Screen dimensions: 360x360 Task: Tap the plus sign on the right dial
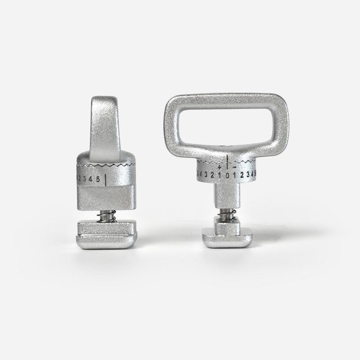click(219, 167)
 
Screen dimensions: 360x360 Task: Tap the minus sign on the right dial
click(235, 167)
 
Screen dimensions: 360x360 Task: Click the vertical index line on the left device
click(106, 180)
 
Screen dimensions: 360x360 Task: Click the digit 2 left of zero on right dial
click(212, 175)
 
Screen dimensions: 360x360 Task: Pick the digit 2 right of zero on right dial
click(242, 175)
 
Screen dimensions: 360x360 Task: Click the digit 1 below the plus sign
click(220, 175)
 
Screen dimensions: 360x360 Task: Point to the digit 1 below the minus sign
click(235, 175)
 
